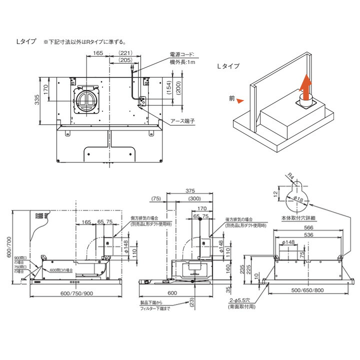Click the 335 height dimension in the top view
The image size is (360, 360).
[37, 100]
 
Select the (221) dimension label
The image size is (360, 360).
[125, 53]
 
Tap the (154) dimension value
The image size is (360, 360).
[168, 89]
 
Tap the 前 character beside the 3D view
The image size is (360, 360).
[231, 99]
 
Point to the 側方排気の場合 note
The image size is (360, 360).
[143, 219]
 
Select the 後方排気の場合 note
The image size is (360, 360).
[240, 219]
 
